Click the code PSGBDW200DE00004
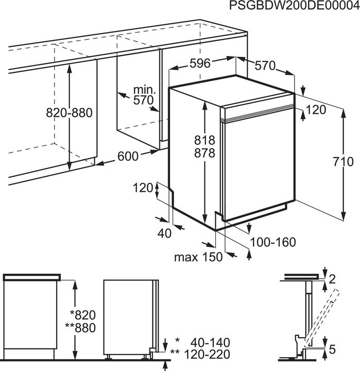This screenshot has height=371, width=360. [x=294, y=6]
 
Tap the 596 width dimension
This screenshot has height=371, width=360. [x=200, y=63]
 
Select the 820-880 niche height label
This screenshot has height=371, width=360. [x=69, y=113]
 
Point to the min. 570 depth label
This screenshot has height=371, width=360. [x=144, y=95]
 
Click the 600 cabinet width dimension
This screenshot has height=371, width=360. [x=128, y=156]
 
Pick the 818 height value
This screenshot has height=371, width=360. [x=205, y=140]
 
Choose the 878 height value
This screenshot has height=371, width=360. [x=205, y=153]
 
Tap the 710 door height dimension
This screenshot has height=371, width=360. [x=343, y=162]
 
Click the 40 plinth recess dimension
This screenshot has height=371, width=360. [x=164, y=233]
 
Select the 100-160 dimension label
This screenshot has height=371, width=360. [x=273, y=242]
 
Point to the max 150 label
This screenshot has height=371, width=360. [x=198, y=257]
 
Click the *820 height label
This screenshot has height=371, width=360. [x=83, y=315]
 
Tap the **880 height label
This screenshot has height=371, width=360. [x=80, y=328]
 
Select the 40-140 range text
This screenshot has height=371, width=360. [x=210, y=342]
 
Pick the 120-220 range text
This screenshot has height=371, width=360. [x=207, y=354]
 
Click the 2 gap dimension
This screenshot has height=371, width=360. [x=332, y=279]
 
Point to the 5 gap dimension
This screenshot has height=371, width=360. [x=332, y=349]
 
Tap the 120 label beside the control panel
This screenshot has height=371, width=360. [x=316, y=110]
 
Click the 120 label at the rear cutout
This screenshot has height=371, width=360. [x=143, y=189]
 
